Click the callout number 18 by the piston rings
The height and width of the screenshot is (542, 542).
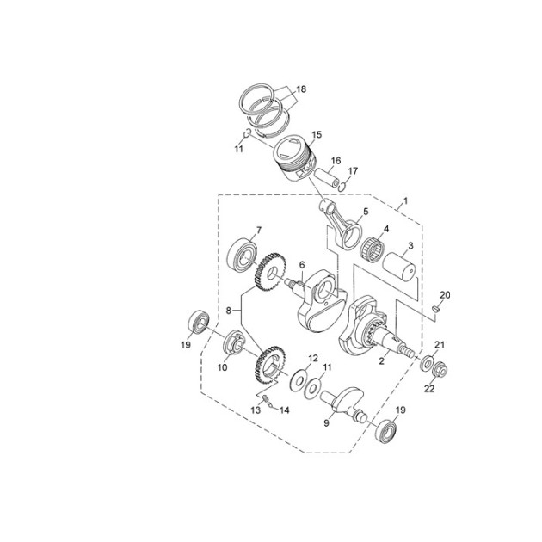point(301,89)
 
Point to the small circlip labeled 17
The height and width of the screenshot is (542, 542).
point(342,187)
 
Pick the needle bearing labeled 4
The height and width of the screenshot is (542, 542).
point(373,251)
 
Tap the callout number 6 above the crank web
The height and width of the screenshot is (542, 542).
point(302,265)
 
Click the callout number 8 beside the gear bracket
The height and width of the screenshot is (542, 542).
point(229,311)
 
